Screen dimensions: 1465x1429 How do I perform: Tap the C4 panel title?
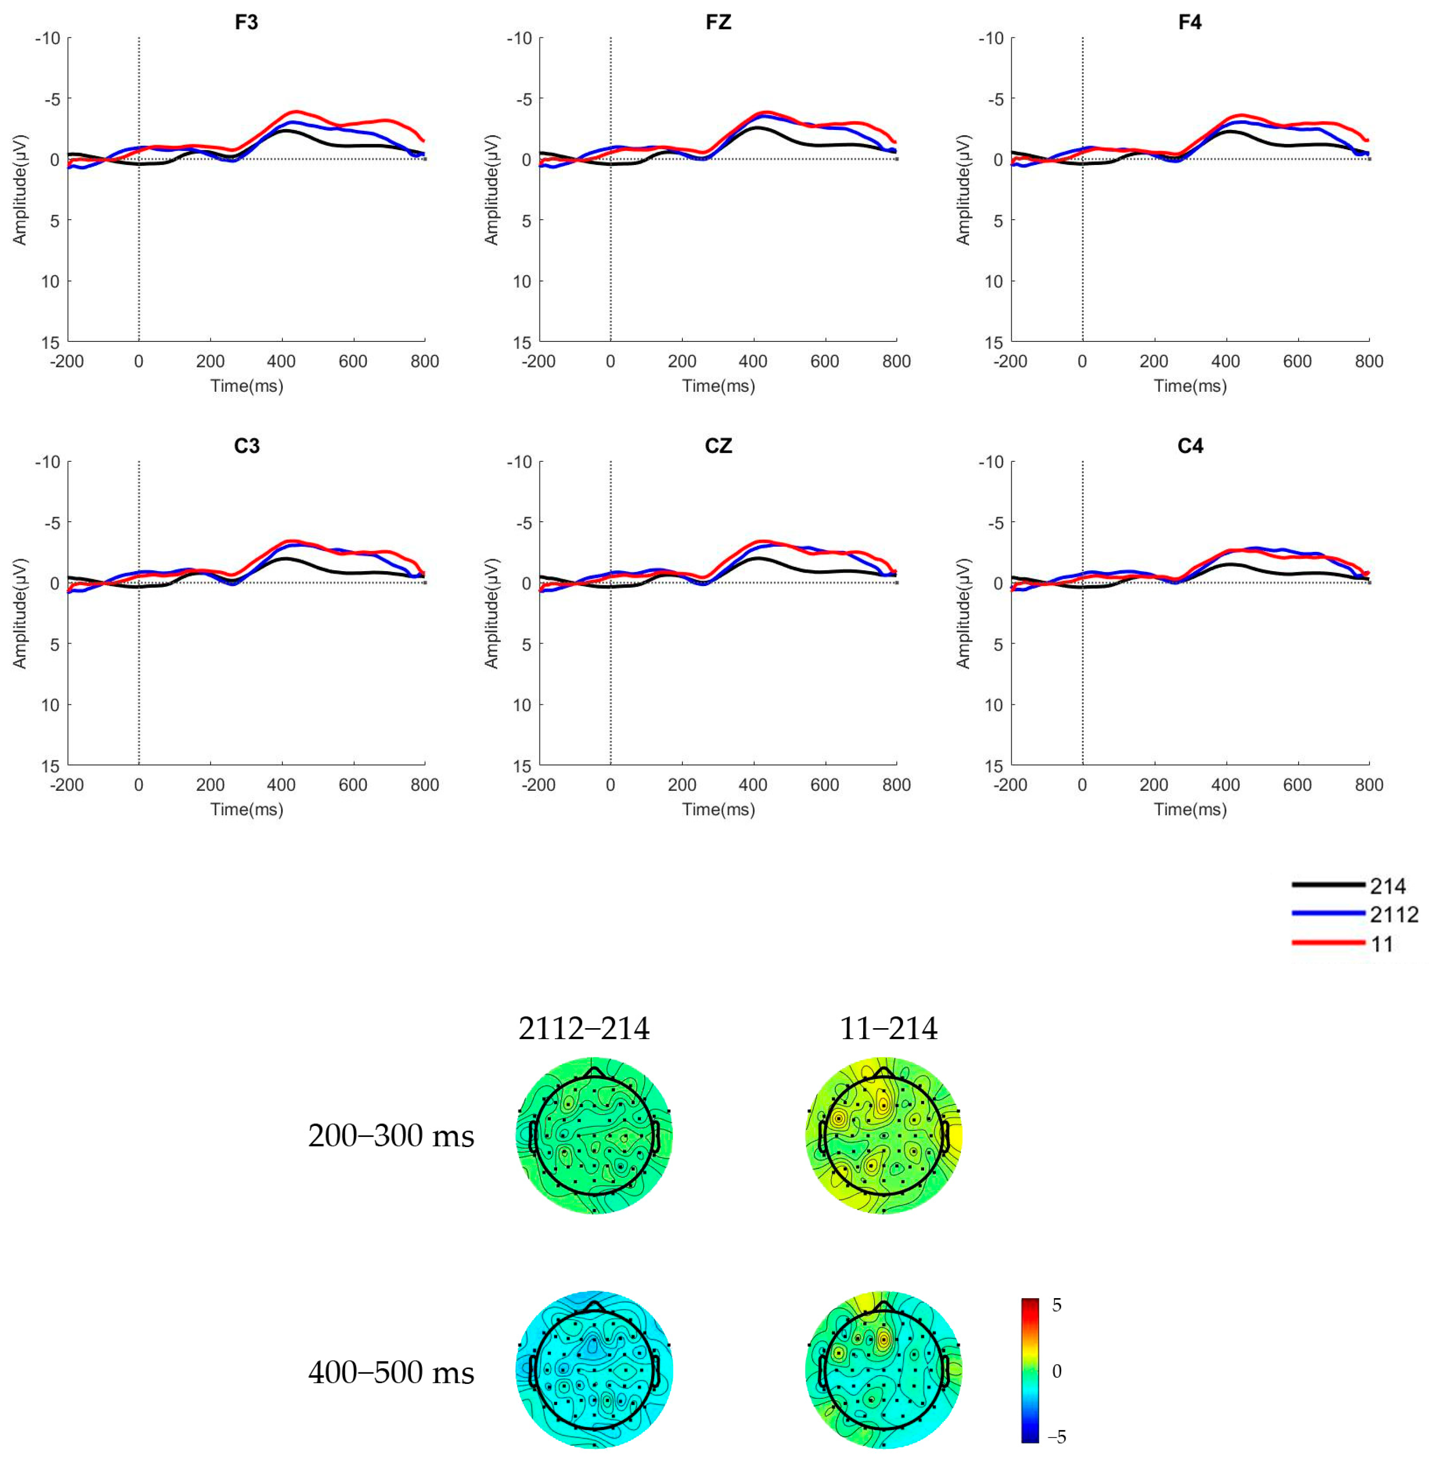click(x=1190, y=446)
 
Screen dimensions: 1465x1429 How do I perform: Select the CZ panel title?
click(x=718, y=446)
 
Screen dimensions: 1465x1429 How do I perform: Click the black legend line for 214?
click(x=1328, y=885)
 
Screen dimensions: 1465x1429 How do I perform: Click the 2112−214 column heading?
click(x=584, y=1028)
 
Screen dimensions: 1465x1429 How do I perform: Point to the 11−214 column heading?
click(x=888, y=1028)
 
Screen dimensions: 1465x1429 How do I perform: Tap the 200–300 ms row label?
click(x=390, y=1136)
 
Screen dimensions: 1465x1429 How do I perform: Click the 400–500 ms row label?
click(x=390, y=1372)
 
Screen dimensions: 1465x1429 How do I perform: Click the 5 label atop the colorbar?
click(x=1057, y=1305)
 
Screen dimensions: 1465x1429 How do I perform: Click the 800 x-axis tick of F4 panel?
click(x=1368, y=362)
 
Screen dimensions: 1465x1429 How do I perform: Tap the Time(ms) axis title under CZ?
click(x=718, y=810)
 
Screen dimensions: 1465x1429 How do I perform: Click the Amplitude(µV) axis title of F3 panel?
click(x=20, y=190)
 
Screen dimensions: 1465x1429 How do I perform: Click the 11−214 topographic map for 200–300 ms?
click(x=883, y=1136)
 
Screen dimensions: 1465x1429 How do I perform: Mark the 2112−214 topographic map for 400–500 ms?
click(x=594, y=1371)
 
